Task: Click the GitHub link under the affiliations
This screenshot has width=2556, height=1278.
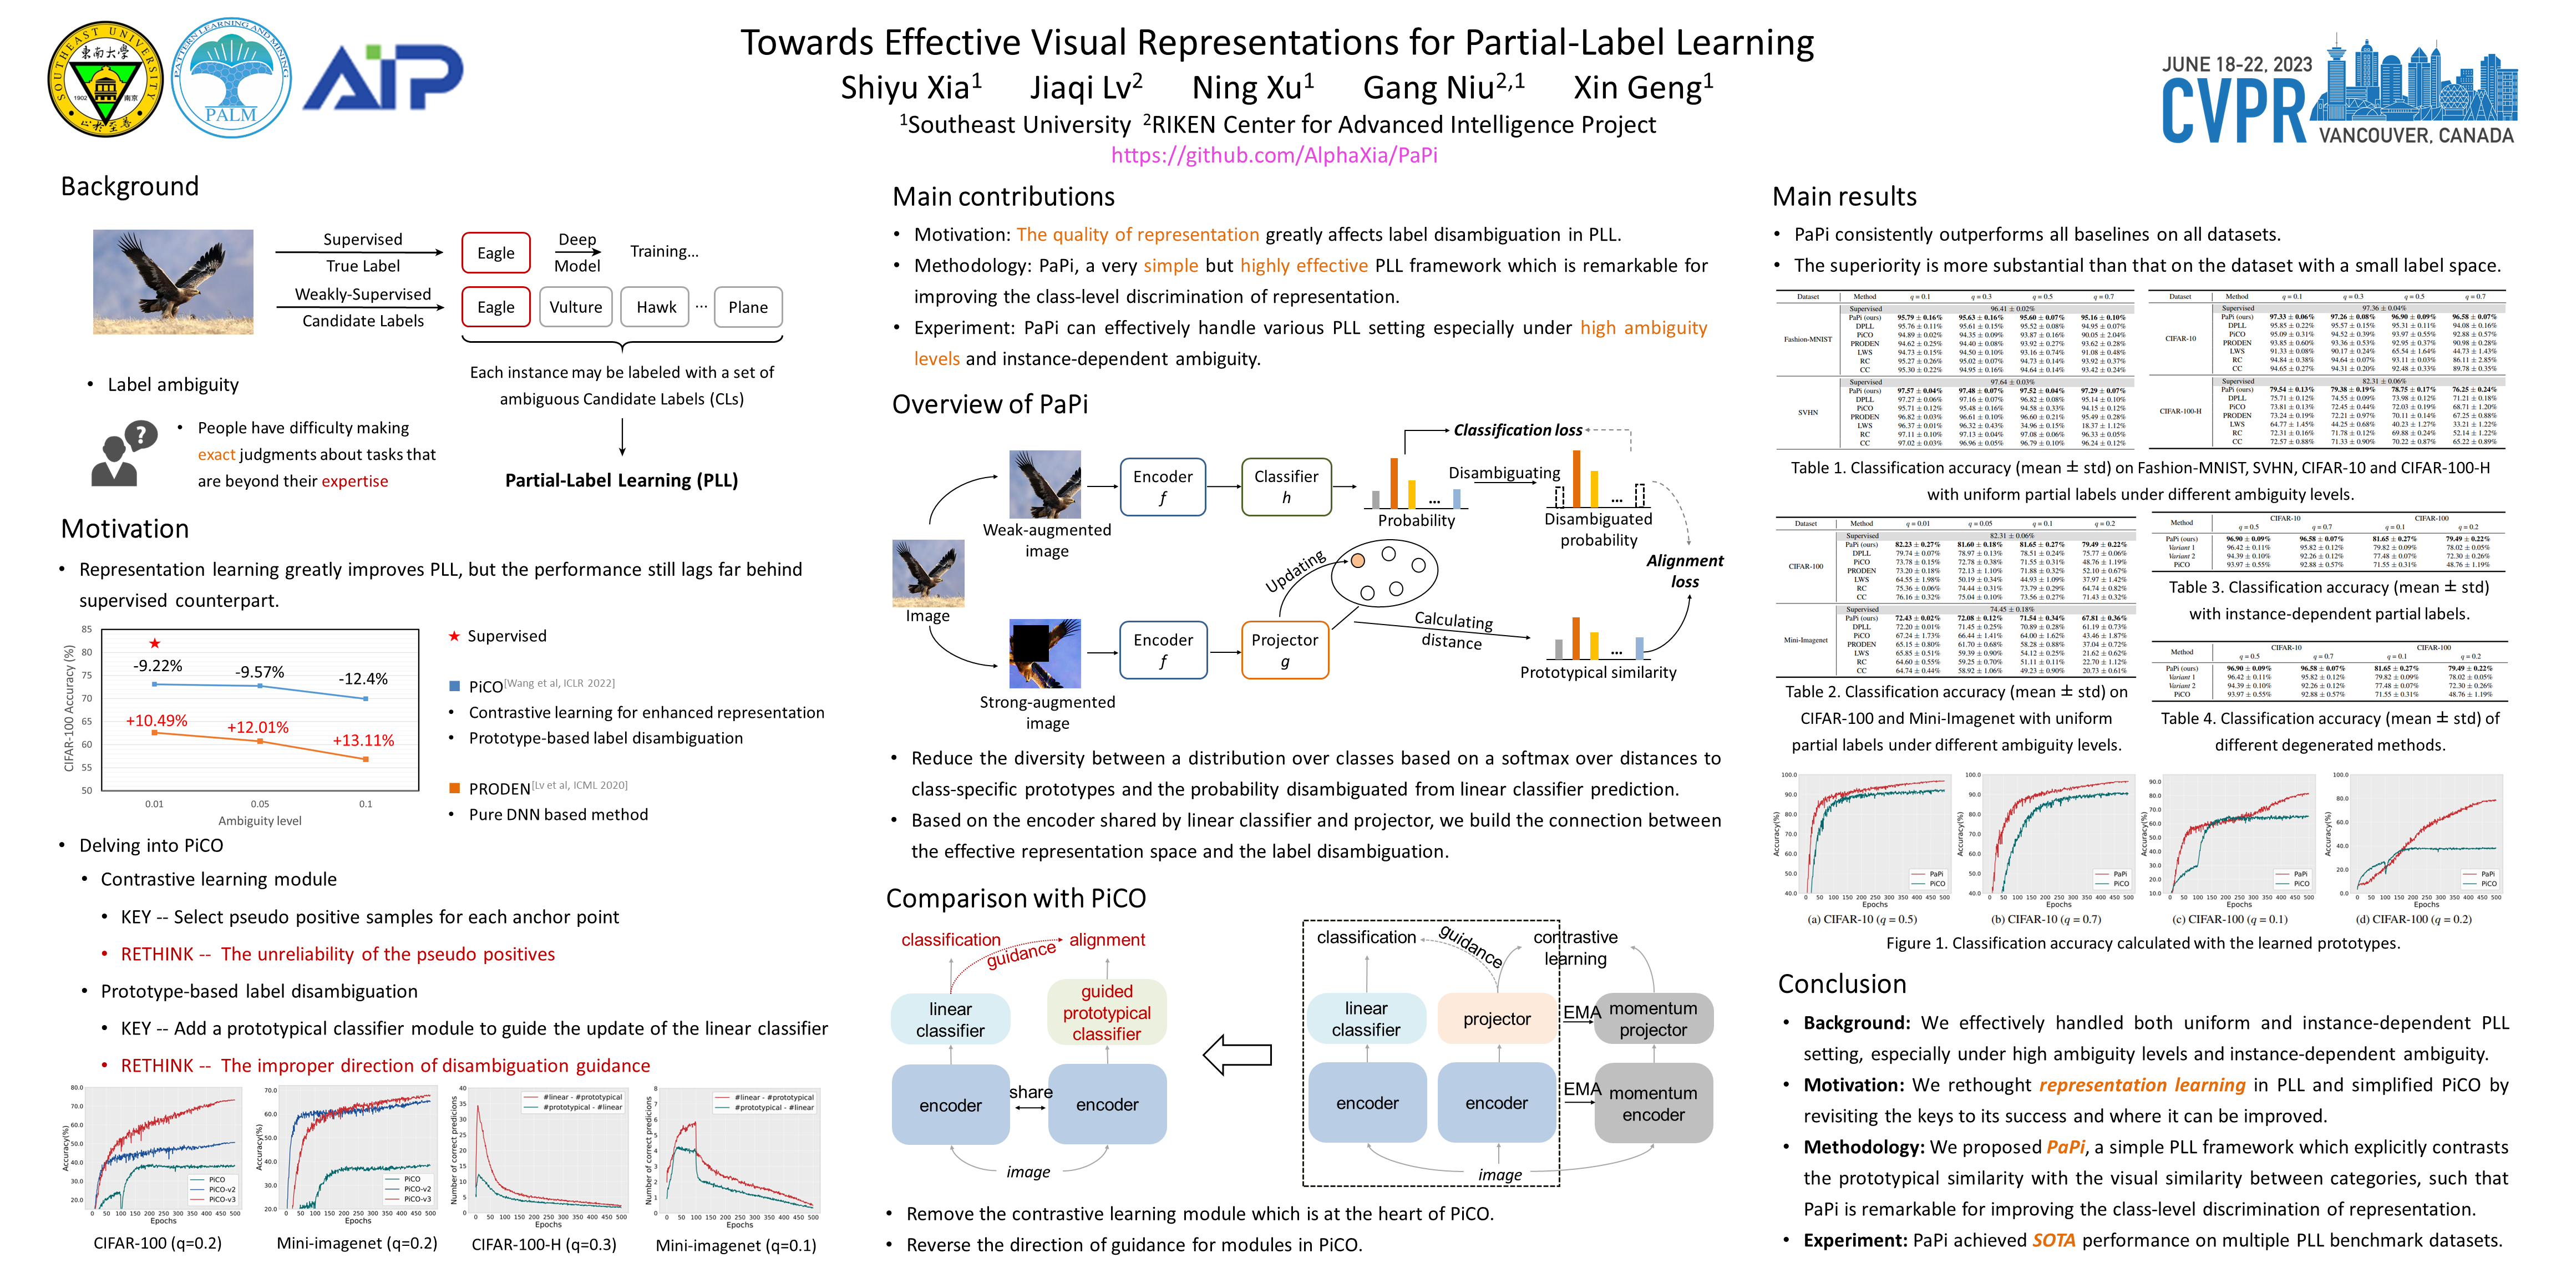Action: (1274, 155)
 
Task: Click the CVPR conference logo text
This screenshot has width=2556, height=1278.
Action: (2234, 110)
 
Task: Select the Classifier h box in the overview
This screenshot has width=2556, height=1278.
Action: (1286, 486)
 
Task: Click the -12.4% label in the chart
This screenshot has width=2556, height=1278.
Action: (363, 679)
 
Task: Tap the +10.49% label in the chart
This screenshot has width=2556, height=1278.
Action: (157, 721)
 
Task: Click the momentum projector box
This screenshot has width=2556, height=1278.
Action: (1653, 1019)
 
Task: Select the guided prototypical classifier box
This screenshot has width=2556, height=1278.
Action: (1107, 1012)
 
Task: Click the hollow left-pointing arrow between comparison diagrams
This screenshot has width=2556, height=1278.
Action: (1238, 1055)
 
